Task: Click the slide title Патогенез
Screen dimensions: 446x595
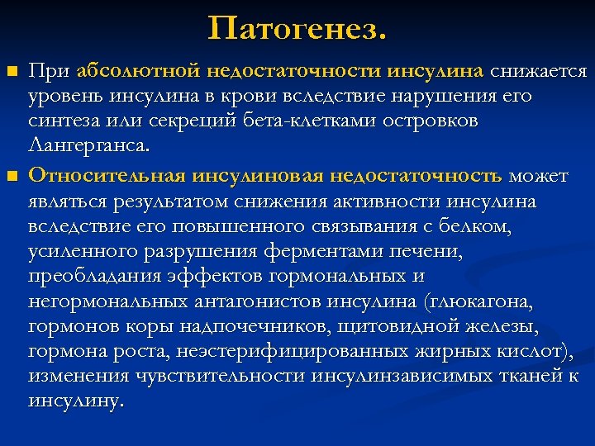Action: click(297, 30)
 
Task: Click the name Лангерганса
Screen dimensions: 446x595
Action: click(89, 148)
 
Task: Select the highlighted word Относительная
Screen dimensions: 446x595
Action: click(107, 176)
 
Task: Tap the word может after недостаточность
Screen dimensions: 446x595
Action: click(538, 176)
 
